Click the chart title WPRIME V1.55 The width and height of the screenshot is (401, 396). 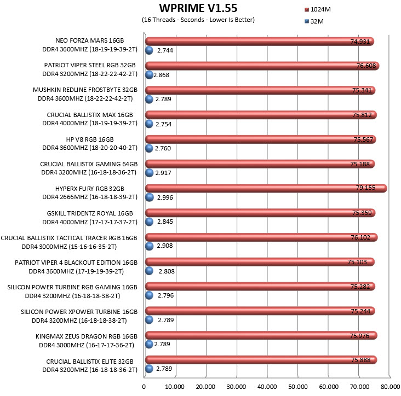coord(198,8)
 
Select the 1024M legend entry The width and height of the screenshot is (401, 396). coord(318,9)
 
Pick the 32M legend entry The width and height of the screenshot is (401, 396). coord(314,21)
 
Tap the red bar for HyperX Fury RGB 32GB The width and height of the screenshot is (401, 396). coord(266,188)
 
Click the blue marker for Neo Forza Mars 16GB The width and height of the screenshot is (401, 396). coord(149,50)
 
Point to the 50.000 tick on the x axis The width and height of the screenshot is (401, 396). coord(297,387)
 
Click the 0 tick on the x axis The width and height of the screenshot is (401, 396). coord(144,387)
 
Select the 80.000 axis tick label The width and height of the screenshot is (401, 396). coord(390,387)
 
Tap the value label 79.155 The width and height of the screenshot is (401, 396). coord(366,188)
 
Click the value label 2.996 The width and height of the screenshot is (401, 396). coord(165,197)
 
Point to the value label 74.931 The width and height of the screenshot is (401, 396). coord(360,42)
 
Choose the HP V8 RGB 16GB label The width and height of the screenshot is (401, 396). coord(90,139)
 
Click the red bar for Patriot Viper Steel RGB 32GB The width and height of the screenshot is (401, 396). coord(262,66)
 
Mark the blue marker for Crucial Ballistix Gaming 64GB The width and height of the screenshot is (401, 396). coord(149,173)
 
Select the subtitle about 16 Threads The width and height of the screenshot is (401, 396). coord(198,20)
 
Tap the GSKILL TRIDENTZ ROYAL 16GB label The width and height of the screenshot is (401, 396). coord(90,213)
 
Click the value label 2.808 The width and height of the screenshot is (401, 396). coord(167,271)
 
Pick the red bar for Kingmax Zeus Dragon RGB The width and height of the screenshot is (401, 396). coord(261,335)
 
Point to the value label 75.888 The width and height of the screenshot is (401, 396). coord(361,360)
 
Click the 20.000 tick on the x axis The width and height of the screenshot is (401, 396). coord(205,387)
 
